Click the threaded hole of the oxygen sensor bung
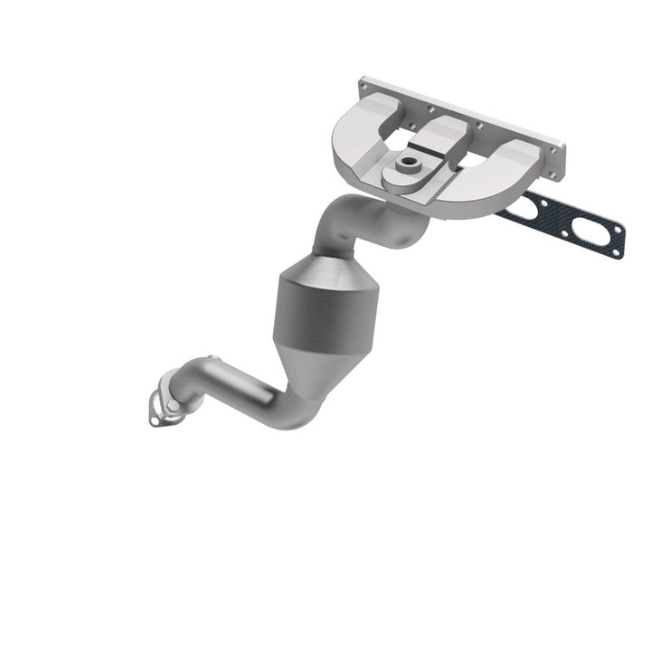pos(410,165)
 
